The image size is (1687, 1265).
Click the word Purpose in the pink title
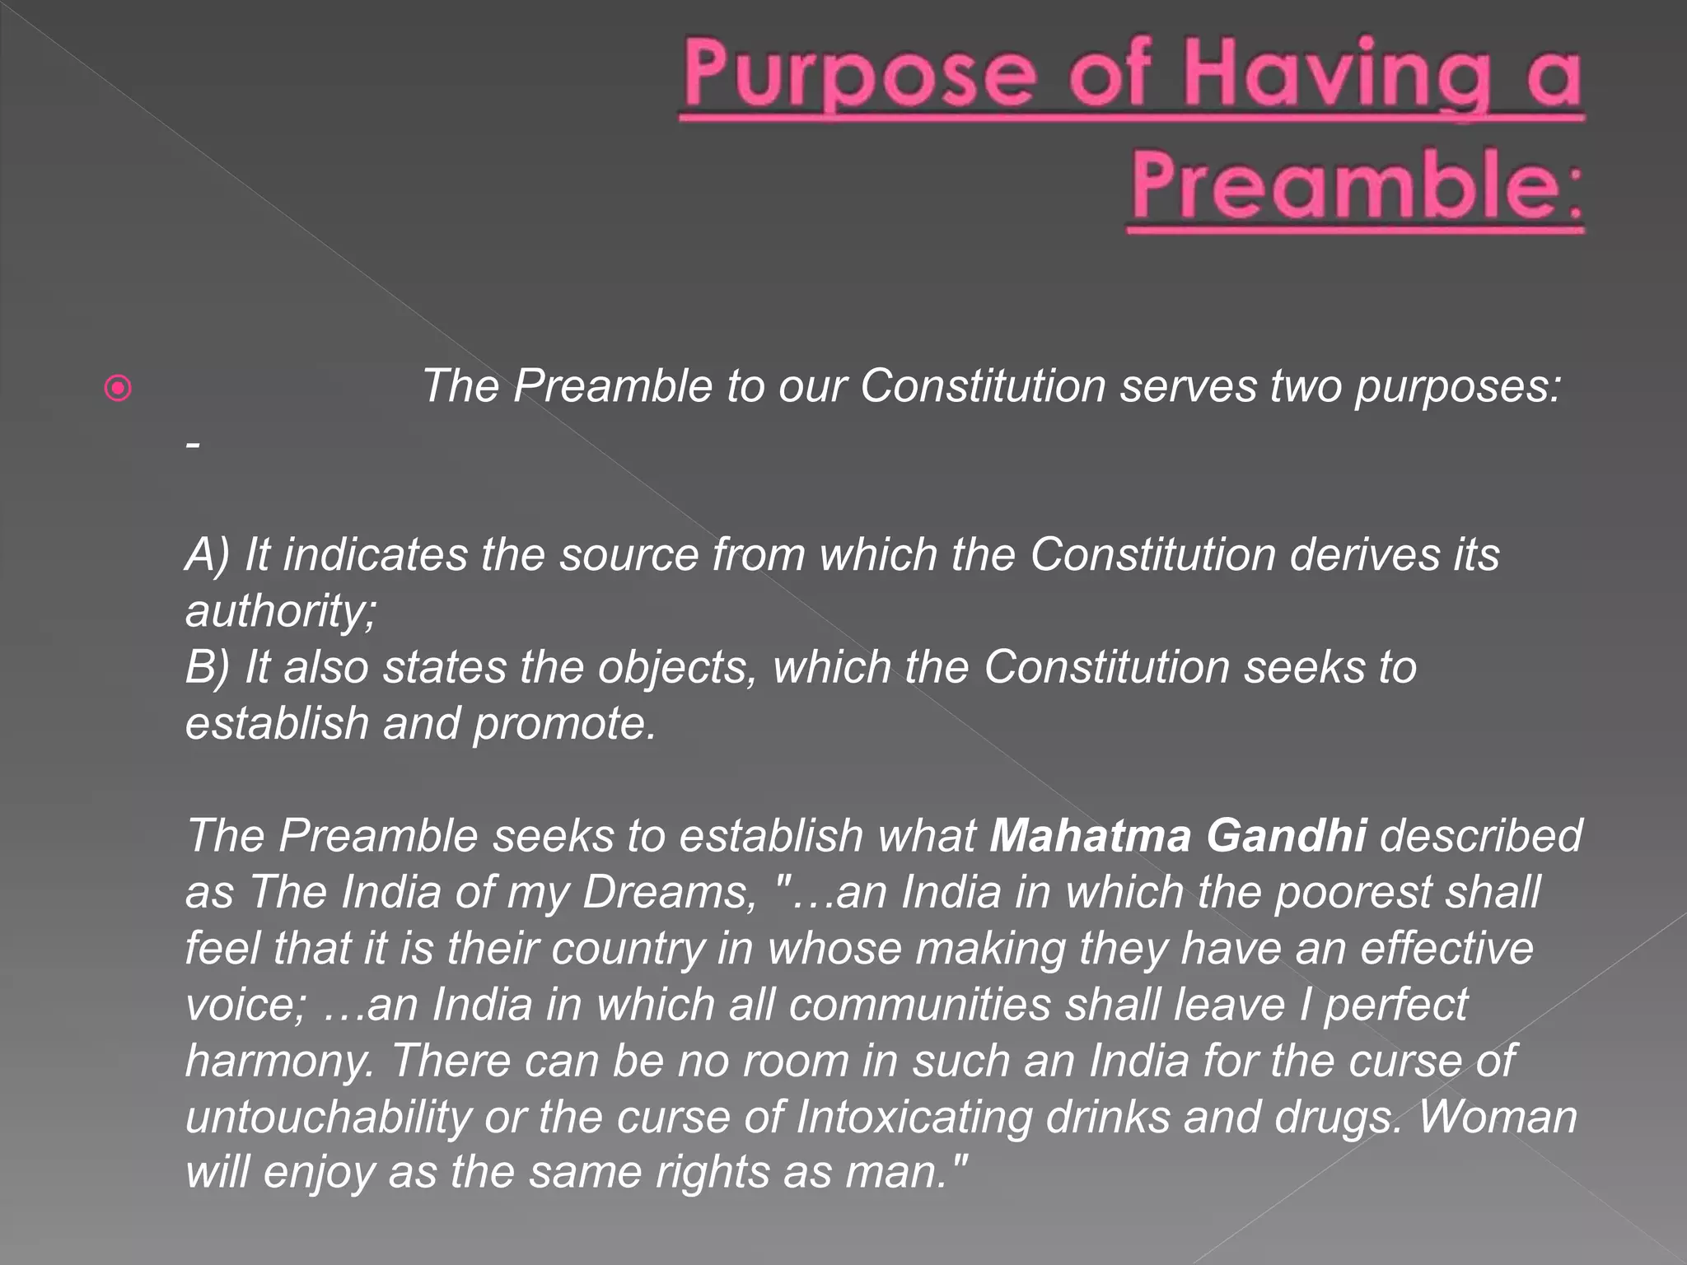(x=858, y=77)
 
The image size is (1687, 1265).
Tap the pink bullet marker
(x=119, y=388)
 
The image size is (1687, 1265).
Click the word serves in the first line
(x=1187, y=385)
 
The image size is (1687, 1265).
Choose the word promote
(x=564, y=723)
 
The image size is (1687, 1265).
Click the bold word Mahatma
(x=1090, y=836)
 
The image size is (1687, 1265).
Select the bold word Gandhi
(x=1286, y=836)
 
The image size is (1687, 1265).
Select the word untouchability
(x=328, y=1118)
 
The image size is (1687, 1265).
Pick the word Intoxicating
(x=914, y=1118)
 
